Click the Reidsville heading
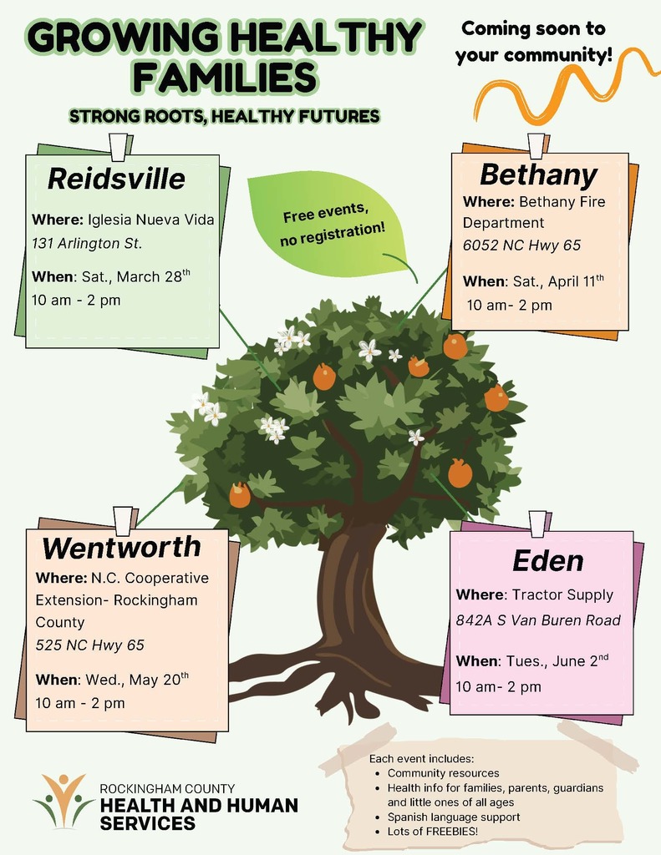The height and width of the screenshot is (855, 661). pyautogui.click(x=116, y=179)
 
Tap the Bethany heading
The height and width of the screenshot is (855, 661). pyautogui.click(x=538, y=175)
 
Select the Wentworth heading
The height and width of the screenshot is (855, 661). pyautogui.click(x=122, y=548)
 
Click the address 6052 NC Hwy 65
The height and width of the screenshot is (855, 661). pyautogui.click(x=521, y=245)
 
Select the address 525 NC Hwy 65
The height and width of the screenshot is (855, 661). pyautogui.click(x=89, y=645)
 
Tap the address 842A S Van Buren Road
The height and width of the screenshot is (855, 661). pyautogui.click(x=538, y=620)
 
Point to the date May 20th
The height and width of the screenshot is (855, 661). pyautogui.click(x=160, y=680)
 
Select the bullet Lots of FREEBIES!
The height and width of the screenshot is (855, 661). pyautogui.click(x=432, y=832)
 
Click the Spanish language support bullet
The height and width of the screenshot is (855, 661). pyautogui.click(x=453, y=817)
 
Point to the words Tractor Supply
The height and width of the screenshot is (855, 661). pyautogui.click(x=562, y=594)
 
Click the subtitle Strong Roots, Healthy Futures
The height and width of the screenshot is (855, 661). pyautogui.click(x=225, y=116)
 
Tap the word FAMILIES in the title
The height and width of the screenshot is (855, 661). pyautogui.click(x=225, y=77)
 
